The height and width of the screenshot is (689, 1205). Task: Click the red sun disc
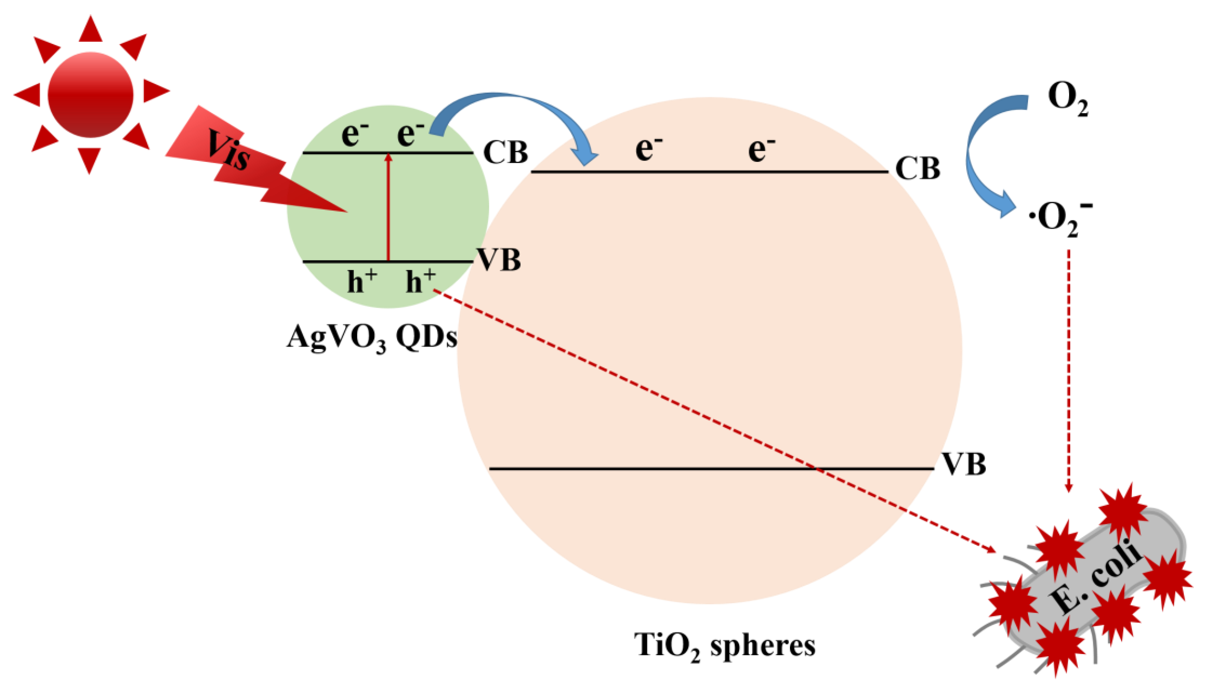[x=90, y=95]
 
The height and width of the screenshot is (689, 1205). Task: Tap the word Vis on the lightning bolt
[x=228, y=151]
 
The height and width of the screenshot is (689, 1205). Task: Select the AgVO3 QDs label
[x=372, y=338]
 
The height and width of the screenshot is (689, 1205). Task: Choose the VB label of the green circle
[x=499, y=260]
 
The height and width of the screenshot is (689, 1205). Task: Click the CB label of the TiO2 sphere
[x=918, y=168]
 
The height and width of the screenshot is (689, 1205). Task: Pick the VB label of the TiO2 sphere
[x=964, y=464]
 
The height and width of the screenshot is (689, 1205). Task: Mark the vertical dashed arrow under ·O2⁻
[x=1068, y=369]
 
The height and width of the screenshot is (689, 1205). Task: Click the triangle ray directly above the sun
[x=90, y=29]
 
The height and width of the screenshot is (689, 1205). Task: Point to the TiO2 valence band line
[x=710, y=469]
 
